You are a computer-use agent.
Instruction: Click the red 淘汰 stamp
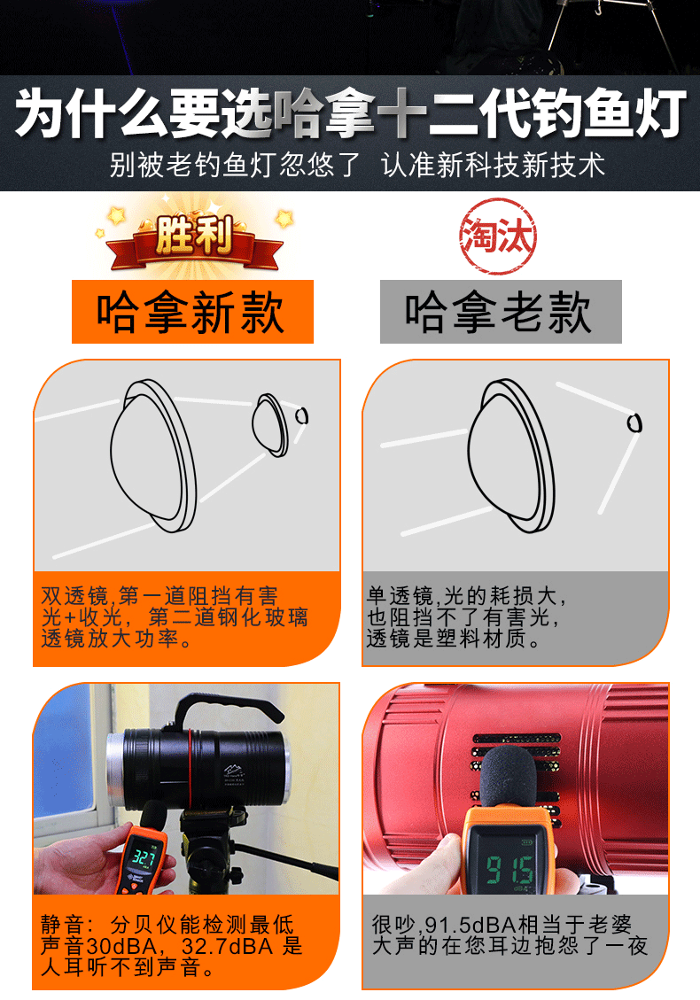pos(498,236)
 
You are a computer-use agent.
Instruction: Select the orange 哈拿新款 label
pos(192,312)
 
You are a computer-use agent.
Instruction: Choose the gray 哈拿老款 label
pos(501,312)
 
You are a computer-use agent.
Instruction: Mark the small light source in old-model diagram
pos(634,422)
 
